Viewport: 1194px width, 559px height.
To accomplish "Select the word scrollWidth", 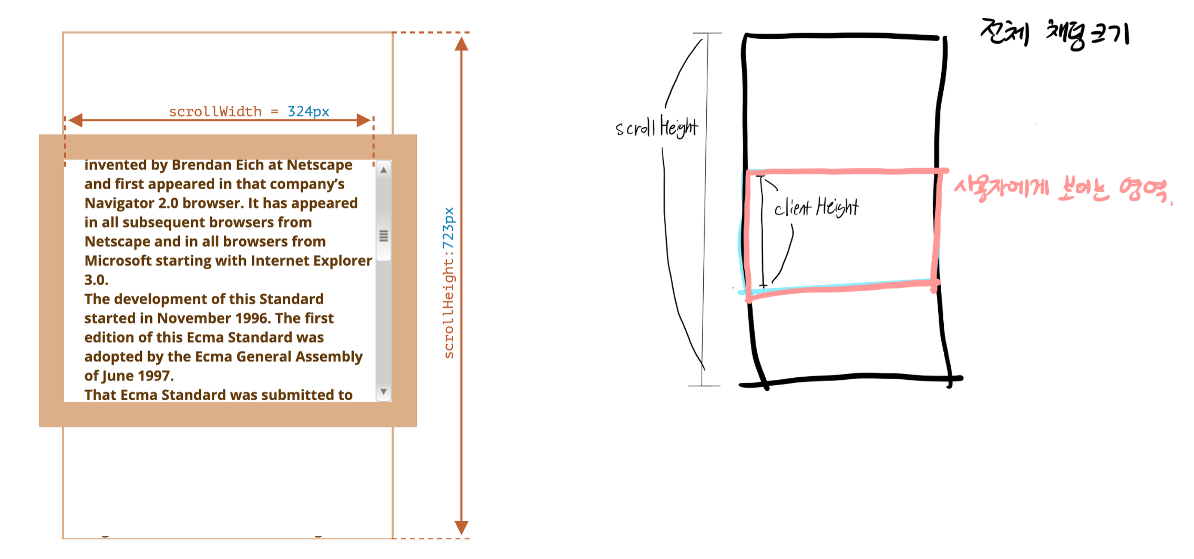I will point(215,112).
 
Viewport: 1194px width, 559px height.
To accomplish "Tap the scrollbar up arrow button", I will point(384,170).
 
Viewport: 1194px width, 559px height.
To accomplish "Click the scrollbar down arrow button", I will point(384,392).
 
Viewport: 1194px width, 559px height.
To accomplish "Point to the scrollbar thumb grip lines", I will point(384,236).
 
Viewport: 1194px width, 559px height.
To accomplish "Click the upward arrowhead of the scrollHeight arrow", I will point(461,44).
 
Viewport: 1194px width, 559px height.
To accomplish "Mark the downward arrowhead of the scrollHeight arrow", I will point(461,527).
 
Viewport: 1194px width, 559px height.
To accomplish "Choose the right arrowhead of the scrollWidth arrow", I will point(363,120).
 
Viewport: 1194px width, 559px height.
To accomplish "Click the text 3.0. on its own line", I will point(96,280).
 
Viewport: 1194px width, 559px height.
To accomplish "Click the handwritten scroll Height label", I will point(657,128).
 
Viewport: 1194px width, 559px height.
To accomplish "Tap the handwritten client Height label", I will point(816,208).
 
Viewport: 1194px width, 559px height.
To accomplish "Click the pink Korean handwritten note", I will point(1062,190).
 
